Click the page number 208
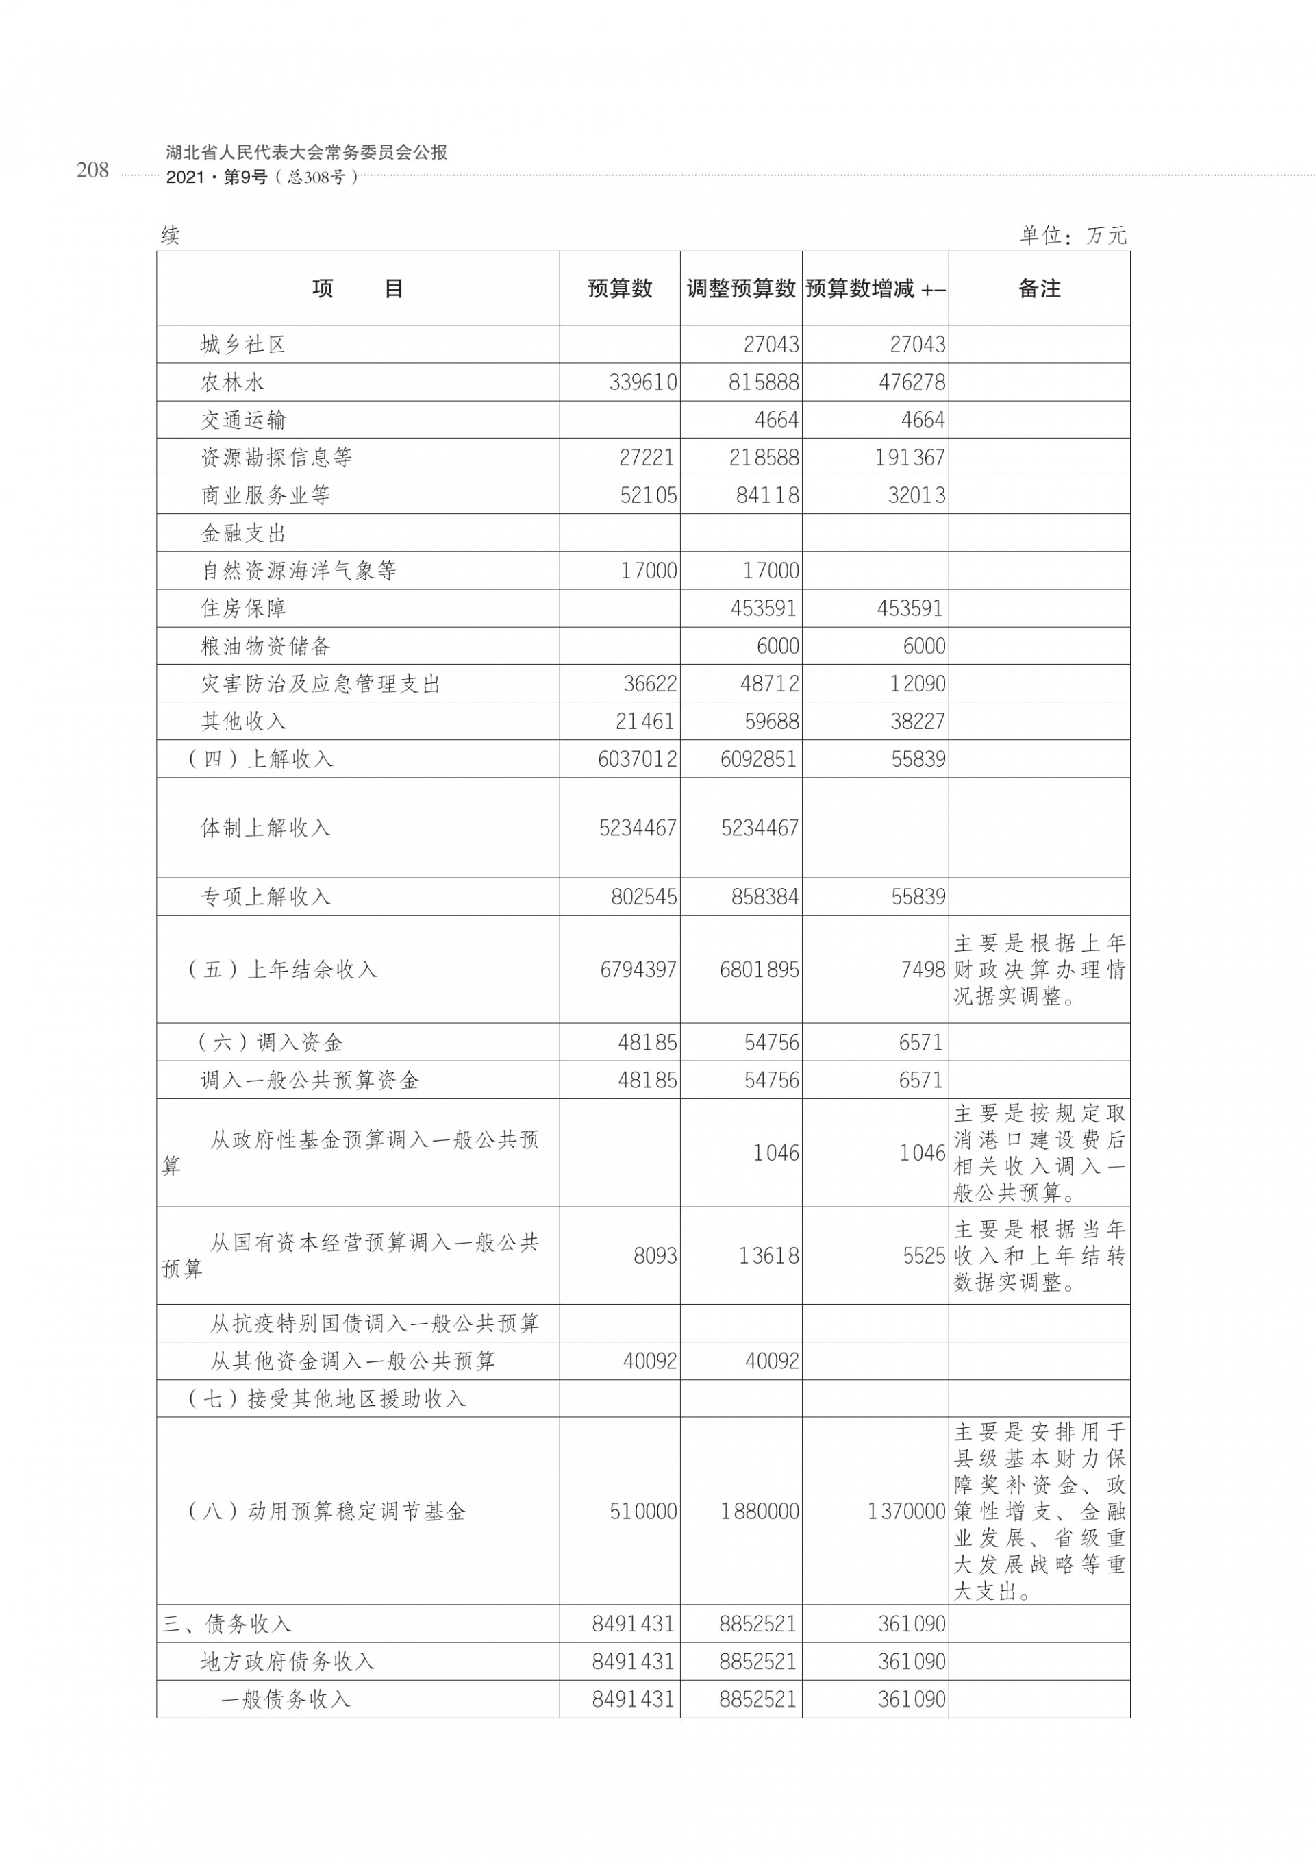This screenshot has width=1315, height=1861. coord(92,169)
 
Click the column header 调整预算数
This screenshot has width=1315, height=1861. coord(740,288)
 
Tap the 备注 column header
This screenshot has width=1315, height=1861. coord(1039,288)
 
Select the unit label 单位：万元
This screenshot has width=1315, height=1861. coord(1073,236)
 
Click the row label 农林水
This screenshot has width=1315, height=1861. coord(233,382)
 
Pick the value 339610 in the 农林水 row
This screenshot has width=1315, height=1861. coord(642,382)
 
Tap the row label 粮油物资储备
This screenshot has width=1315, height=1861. coord(266,646)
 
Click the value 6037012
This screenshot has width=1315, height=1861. coord(638,759)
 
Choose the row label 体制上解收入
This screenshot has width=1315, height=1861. coord(266,828)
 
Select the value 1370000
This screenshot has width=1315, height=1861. coord(906,1512)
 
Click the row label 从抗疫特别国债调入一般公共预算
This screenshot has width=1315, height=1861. coord(375,1324)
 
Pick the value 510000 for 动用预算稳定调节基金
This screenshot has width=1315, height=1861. coord(642,1512)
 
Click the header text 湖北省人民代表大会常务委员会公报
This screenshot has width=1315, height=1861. coord(306,152)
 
